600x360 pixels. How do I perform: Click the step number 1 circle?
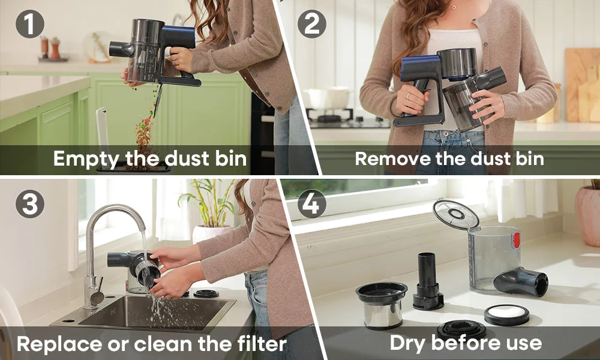tap(30, 24)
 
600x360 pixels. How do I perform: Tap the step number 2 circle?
tap(312, 24)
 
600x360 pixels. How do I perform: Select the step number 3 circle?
tap(30, 204)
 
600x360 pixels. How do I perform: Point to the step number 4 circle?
tap(312, 204)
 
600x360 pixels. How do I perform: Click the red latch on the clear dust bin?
tap(516, 240)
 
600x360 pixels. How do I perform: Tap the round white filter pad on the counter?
tap(506, 314)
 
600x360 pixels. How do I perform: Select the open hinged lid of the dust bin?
tap(456, 215)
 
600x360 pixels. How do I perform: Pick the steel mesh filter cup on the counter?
tap(382, 305)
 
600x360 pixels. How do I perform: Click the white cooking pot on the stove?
tap(328, 98)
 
